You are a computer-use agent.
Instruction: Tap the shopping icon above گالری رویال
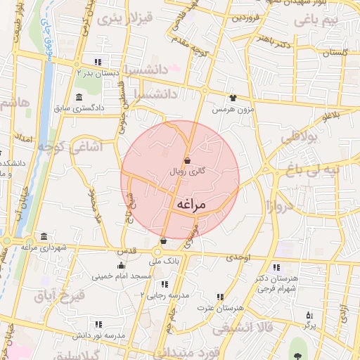coord(186,161)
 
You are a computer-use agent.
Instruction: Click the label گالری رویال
coord(187,171)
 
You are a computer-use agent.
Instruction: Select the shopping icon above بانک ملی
coord(163,241)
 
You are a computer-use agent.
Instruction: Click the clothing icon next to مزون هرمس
coord(233,98)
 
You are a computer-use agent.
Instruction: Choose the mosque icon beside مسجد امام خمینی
coord(122,265)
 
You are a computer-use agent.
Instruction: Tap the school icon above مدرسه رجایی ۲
coord(165,285)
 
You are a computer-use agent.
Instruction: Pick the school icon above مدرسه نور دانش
coord(98,325)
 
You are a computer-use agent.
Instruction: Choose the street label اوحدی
coord(238,258)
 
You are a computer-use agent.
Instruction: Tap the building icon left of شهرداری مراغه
coord(44,236)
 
